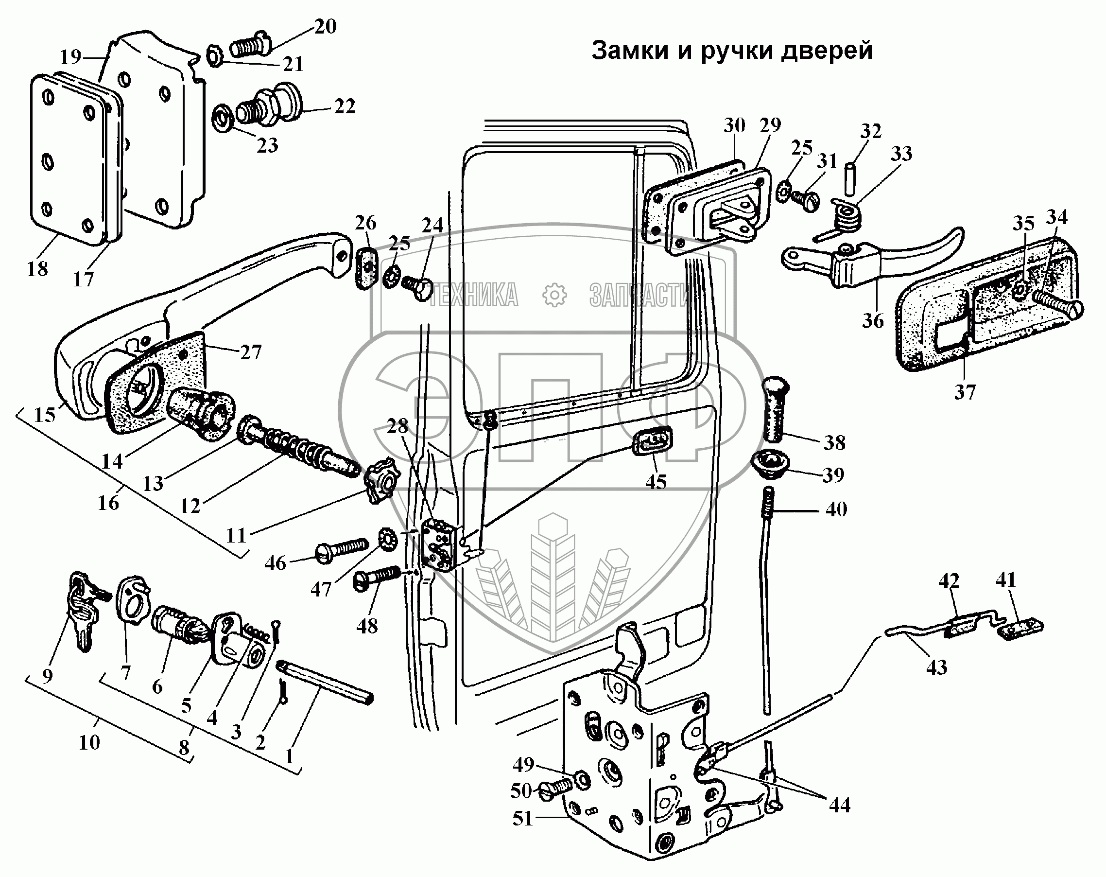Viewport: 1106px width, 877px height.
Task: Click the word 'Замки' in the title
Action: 627,52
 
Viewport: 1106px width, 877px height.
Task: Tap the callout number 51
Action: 523,818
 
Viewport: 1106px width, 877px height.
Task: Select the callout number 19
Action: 71,56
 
